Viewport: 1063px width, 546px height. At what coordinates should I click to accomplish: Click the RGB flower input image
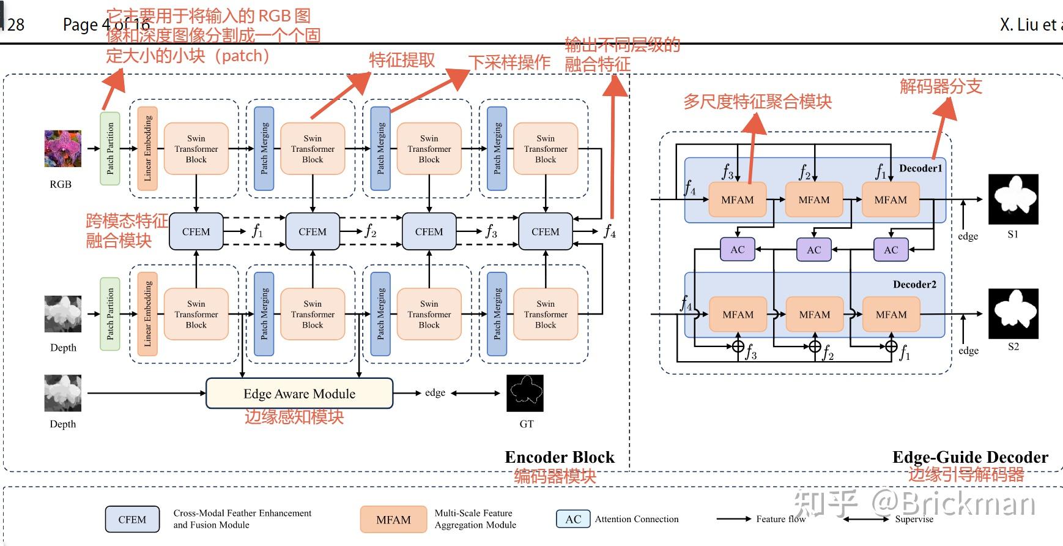tap(62, 149)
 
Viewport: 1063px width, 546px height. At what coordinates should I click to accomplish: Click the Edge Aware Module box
tap(299, 394)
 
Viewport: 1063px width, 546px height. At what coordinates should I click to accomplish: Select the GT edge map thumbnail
tap(525, 393)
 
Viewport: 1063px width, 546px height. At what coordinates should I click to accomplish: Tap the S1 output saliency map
tap(1013, 200)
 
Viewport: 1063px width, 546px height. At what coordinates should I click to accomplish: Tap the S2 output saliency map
tap(1013, 313)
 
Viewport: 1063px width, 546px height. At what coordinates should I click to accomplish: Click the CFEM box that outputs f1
tap(196, 232)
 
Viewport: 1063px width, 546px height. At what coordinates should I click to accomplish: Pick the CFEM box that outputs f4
tap(545, 232)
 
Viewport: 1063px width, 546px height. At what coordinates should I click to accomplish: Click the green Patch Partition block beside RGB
tap(110, 148)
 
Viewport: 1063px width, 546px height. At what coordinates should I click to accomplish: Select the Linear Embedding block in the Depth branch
tap(147, 313)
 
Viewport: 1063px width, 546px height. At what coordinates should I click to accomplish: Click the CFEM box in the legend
tap(132, 520)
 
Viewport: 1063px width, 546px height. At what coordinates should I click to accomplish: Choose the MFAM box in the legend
tap(393, 520)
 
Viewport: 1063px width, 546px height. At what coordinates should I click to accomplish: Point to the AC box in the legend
tap(573, 519)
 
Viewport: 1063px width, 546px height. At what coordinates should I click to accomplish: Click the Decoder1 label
tap(920, 168)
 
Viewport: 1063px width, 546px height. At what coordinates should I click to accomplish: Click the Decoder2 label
tap(914, 284)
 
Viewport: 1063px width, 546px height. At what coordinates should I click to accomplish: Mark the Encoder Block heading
tap(559, 457)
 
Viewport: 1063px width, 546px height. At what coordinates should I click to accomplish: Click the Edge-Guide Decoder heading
tap(970, 457)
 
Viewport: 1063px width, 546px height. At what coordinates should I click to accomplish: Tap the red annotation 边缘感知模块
tap(294, 417)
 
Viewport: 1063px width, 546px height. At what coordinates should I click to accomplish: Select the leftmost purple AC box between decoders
tap(738, 250)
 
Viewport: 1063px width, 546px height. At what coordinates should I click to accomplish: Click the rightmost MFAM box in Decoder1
tap(891, 200)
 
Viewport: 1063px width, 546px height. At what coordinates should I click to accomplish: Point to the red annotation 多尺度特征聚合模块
tap(757, 102)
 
